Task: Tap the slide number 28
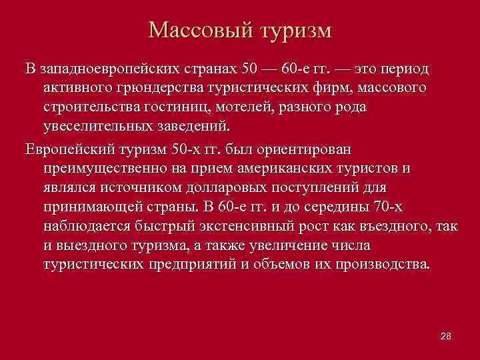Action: click(x=446, y=335)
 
